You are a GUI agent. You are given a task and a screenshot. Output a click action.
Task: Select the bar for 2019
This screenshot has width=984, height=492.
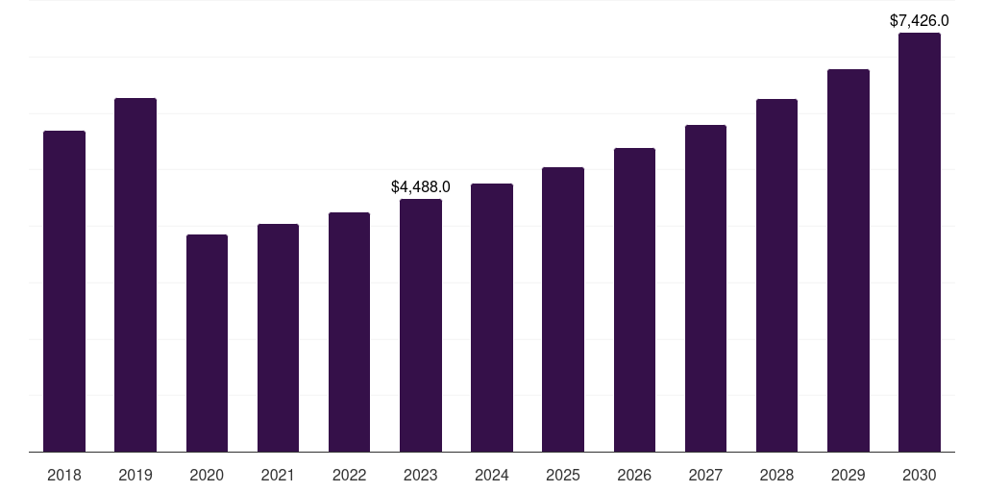tap(135, 275)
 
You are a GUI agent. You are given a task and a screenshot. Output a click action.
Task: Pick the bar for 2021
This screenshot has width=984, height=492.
tap(278, 337)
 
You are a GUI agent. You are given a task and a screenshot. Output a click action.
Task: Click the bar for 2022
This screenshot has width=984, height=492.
tap(349, 332)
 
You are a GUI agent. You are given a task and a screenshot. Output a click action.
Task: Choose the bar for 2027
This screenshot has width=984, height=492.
tap(705, 288)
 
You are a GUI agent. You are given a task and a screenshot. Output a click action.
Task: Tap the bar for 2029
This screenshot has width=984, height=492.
tap(849, 260)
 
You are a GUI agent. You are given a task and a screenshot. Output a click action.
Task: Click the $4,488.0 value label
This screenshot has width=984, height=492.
tap(421, 186)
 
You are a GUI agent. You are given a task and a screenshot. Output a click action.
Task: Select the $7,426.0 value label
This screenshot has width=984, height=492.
tap(920, 20)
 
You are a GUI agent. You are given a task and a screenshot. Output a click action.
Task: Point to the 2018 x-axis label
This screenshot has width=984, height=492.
tap(64, 475)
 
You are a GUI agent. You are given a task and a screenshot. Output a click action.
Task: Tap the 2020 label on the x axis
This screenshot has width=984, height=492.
tap(207, 475)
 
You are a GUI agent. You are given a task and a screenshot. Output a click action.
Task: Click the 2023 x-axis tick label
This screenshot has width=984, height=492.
tap(421, 475)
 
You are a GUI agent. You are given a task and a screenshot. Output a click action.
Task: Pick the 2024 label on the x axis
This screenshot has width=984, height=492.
tap(492, 475)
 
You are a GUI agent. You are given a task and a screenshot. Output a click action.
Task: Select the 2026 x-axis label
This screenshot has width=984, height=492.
tap(634, 475)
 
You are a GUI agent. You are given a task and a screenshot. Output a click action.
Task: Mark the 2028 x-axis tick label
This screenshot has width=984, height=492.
tap(776, 475)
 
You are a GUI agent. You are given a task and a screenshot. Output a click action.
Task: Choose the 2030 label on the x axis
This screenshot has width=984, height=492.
tap(920, 475)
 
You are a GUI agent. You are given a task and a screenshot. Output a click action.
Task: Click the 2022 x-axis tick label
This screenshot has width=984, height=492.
tap(349, 475)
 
